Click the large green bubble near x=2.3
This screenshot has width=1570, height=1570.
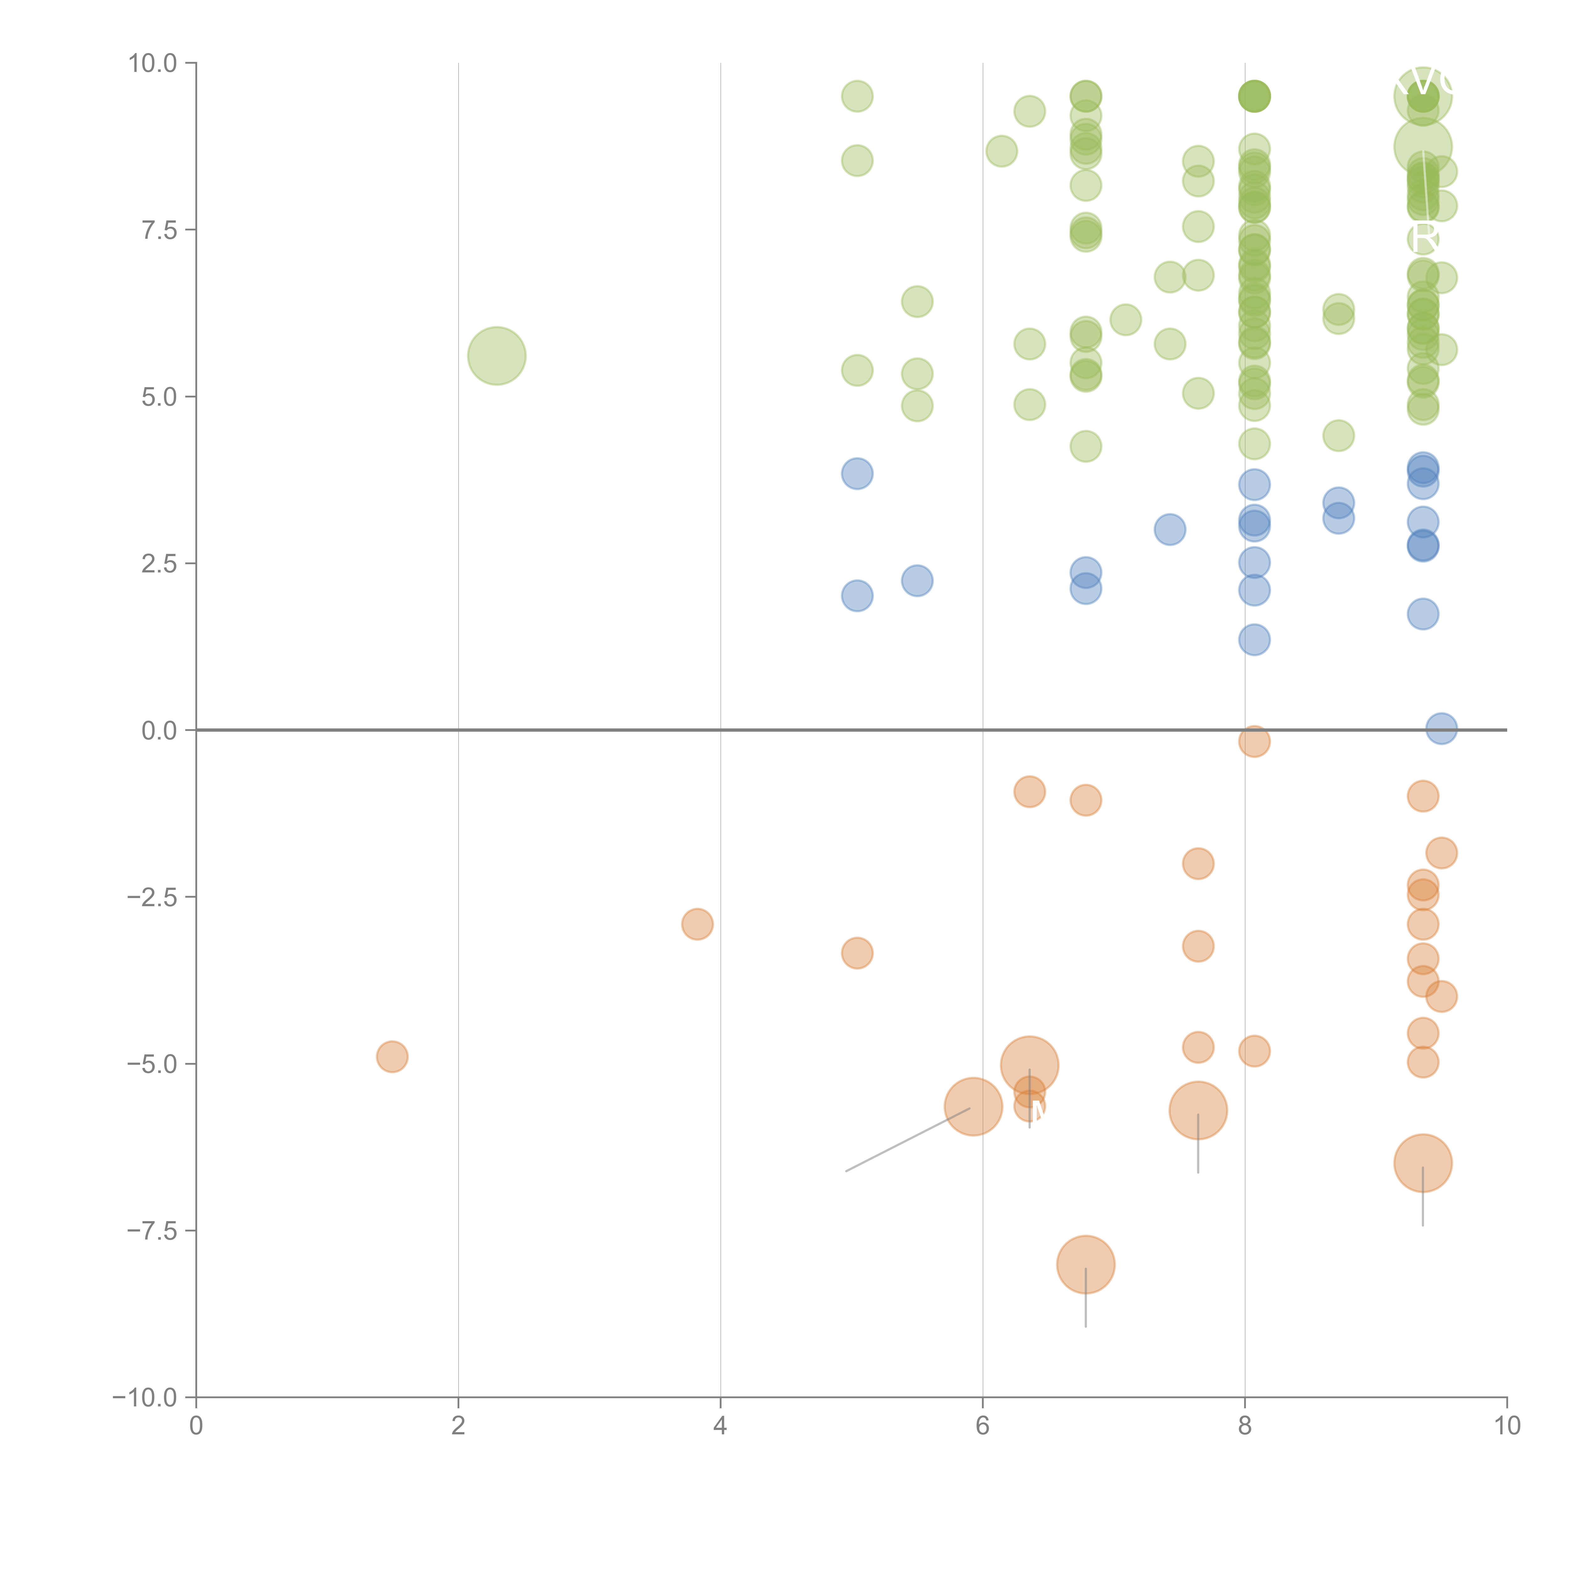(x=496, y=356)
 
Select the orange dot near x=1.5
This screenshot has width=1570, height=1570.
(x=392, y=1056)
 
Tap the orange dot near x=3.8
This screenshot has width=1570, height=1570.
(x=697, y=924)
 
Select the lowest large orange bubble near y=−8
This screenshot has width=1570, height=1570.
(x=1086, y=1264)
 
